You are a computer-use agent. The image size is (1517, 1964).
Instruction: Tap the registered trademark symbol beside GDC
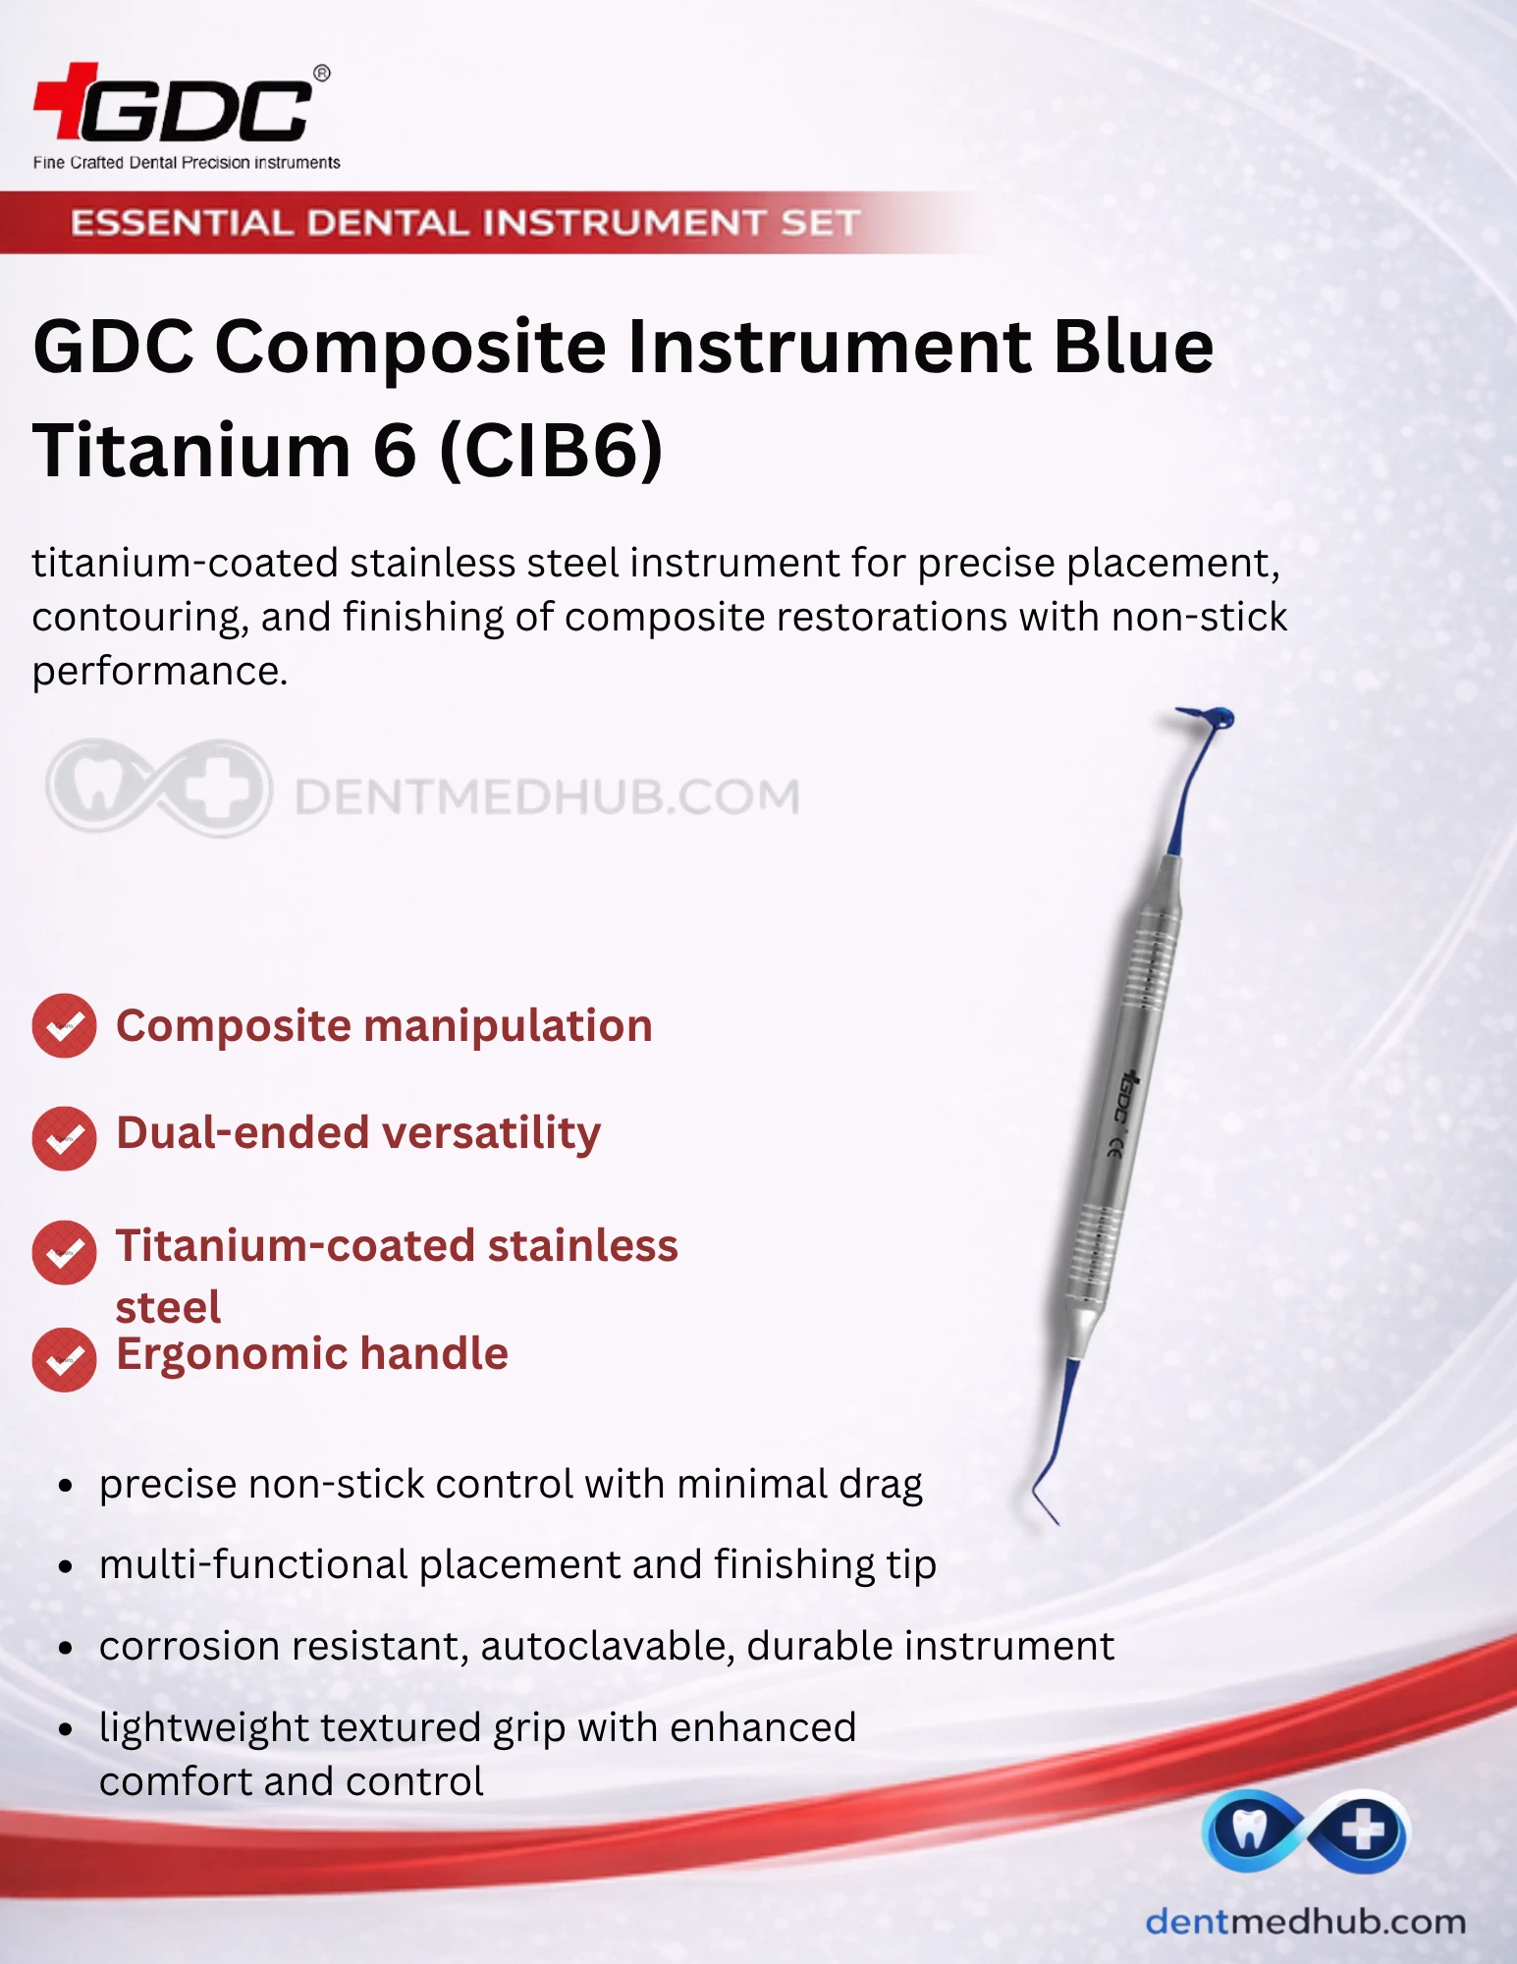click(x=321, y=74)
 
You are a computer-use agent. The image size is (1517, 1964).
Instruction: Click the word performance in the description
click(x=160, y=671)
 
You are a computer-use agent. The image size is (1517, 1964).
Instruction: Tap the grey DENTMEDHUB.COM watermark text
click(x=547, y=796)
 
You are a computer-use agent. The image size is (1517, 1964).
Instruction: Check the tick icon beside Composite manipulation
click(x=64, y=1026)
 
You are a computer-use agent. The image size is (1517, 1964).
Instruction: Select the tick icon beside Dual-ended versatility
click(x=64, y=1138)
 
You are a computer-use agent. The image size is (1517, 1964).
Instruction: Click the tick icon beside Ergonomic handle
click(x=64, y=1359)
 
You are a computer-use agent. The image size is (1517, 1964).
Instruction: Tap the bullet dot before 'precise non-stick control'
click(x=66, y=1486)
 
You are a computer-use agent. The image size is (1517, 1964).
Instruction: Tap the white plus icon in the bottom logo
click(x=1362, y=1830)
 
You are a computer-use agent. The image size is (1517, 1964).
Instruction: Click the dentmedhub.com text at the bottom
click(x=1306, y=1922)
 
